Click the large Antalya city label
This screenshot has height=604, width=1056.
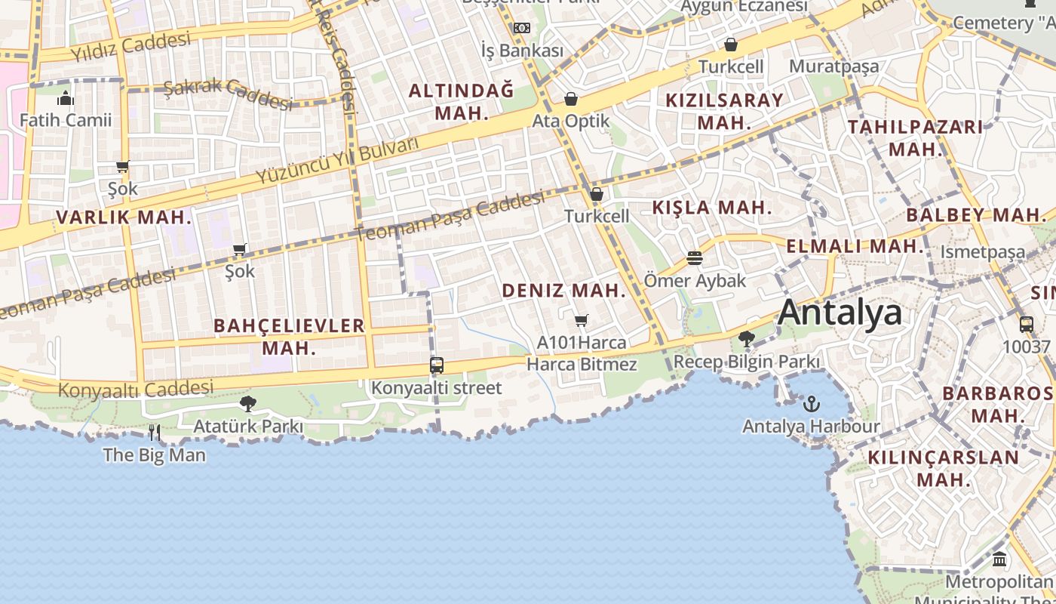[840, 312]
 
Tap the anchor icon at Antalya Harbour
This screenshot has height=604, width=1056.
[811, 404]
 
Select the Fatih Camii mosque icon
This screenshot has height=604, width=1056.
[66, 98]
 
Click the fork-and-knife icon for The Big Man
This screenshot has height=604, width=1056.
[154, 433]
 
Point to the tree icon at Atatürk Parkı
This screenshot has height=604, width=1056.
[247, 404]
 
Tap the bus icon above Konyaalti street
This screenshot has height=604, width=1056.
[436, 365]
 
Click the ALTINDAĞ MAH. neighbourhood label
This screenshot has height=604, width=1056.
[461, 102]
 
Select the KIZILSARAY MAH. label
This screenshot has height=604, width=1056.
[724, 111]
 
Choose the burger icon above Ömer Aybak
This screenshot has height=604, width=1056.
[695, 258]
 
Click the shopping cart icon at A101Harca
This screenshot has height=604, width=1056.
[581, 321]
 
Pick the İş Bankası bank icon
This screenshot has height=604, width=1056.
[522, 29]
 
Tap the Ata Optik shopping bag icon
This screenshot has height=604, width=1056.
[571, 99]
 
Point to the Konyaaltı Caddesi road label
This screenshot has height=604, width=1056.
[136, 390]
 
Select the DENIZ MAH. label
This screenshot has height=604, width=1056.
[564, 291]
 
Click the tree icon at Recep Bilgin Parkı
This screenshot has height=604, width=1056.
[747, 339]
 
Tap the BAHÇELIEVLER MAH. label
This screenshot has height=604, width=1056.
[289, 337]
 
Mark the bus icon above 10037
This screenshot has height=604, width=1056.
[1026, 325]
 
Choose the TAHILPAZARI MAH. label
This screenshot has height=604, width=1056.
[915, 137]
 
